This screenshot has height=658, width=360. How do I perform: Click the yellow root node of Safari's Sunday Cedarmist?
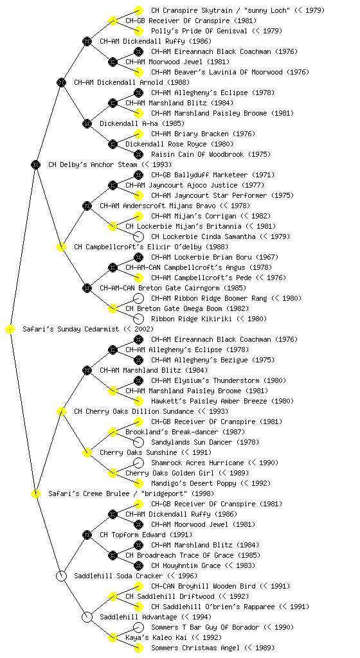pos(10,330)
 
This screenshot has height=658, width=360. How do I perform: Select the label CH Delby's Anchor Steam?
pos(93,165)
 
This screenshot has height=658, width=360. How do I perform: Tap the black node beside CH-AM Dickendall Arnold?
pos(61,83)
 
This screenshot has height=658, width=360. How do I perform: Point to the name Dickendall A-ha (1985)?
pos(142,124)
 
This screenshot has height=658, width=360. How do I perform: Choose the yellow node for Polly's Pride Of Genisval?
pos(138,31)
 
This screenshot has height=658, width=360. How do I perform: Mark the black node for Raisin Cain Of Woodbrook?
pos(138,154)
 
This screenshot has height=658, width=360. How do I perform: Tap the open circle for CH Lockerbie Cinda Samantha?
pos(138,236)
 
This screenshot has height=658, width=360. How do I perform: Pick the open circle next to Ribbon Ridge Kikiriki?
pos(138,319)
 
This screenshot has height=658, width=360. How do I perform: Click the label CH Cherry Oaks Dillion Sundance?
pos(134,412)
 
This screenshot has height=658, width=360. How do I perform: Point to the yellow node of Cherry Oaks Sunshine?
pos(87,453)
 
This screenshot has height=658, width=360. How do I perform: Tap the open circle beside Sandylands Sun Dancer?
pos(138,442)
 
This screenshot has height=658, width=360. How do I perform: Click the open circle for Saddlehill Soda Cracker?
pos(61,576)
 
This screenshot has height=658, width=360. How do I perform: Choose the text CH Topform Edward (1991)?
pos(146,535)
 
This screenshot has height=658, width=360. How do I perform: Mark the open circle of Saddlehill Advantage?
pos(87,618)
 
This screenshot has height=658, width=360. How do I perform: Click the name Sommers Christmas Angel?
pos(195,648)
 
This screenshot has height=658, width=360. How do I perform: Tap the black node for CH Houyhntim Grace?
pos(138,565)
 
